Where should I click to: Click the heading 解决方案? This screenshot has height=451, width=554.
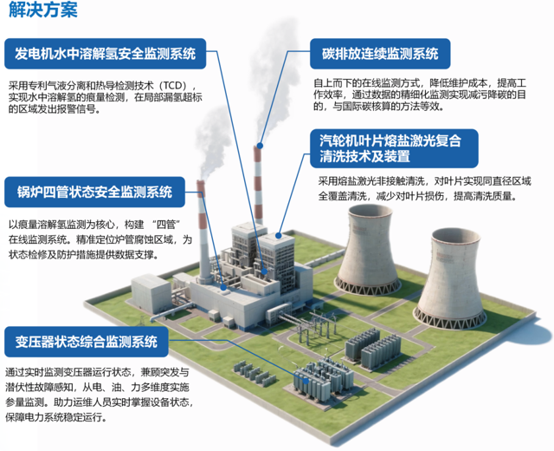42,10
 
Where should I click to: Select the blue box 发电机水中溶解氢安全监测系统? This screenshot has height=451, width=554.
105,54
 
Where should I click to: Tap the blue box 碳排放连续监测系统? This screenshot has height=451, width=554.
380,54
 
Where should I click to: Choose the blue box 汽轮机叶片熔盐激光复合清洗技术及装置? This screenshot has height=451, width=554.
394,148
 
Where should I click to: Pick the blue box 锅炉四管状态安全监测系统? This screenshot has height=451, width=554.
94,192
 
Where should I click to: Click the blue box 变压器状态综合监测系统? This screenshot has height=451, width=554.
87,342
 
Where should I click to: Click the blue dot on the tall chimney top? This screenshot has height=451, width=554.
260,146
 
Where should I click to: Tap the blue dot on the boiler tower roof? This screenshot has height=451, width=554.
279,235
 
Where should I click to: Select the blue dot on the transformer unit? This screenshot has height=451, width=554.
306,382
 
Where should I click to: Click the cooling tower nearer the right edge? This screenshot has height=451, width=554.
449,279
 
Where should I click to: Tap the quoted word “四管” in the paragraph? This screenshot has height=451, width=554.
166,225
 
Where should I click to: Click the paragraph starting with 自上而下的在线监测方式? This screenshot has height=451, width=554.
420,95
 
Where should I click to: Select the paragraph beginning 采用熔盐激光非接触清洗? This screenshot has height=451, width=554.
425,188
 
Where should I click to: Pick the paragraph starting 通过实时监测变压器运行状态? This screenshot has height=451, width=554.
99,395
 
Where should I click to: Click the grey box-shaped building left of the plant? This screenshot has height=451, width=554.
151,293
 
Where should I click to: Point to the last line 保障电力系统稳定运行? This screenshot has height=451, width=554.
55,417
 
